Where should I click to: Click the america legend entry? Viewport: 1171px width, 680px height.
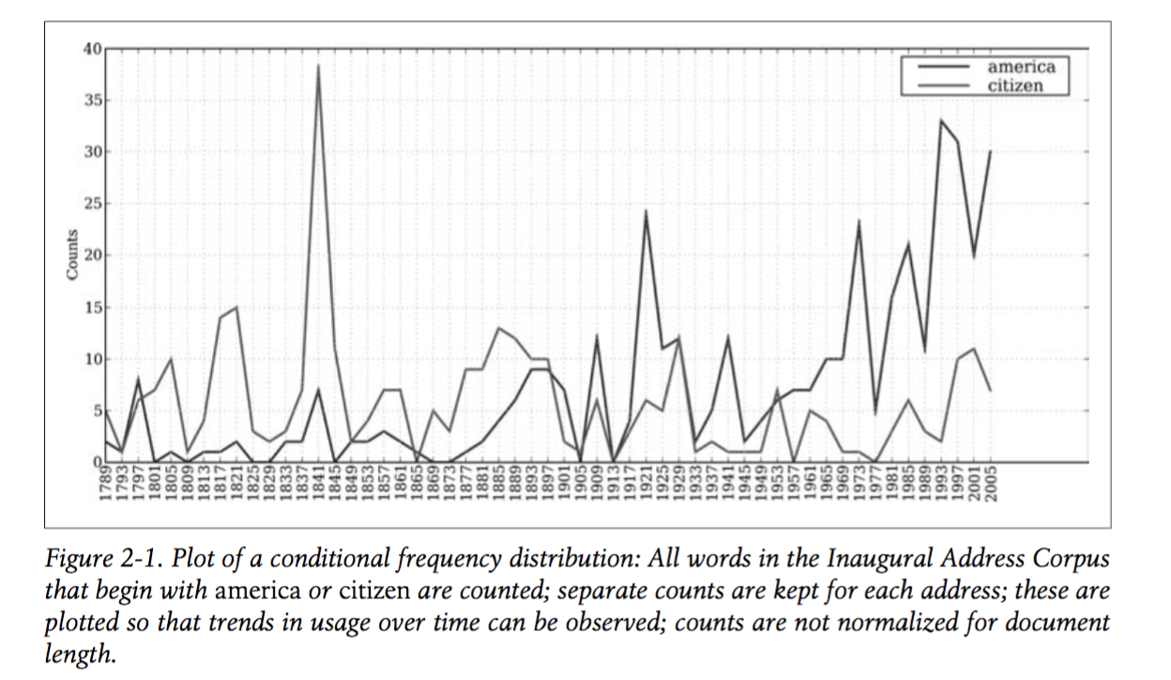click(1021, 67)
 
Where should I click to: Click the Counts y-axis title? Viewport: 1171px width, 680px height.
click(72, 255)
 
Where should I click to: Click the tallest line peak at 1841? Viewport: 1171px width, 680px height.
click(319, 65)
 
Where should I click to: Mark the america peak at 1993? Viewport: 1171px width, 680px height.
click(940, 120)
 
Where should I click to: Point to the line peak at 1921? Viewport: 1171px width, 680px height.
click(646, 210)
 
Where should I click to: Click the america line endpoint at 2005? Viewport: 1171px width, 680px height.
click(989, 151)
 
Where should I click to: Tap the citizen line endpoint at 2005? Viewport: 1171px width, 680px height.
click(989, 390)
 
